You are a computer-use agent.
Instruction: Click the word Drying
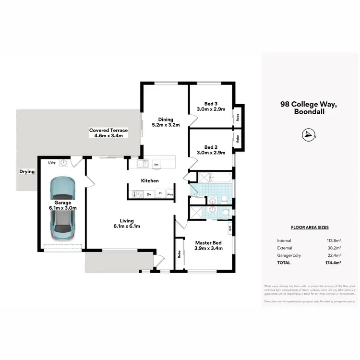click(27, 171)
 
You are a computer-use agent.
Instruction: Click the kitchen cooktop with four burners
click(138, 194)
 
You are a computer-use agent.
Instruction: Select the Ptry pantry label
click(170, 194)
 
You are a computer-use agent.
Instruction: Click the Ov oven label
click(149, 194)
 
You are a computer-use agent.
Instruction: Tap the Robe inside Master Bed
click(179, 254)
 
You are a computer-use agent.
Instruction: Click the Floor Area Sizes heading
click(310, 228)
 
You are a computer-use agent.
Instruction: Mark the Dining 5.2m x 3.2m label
click(165, 122)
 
